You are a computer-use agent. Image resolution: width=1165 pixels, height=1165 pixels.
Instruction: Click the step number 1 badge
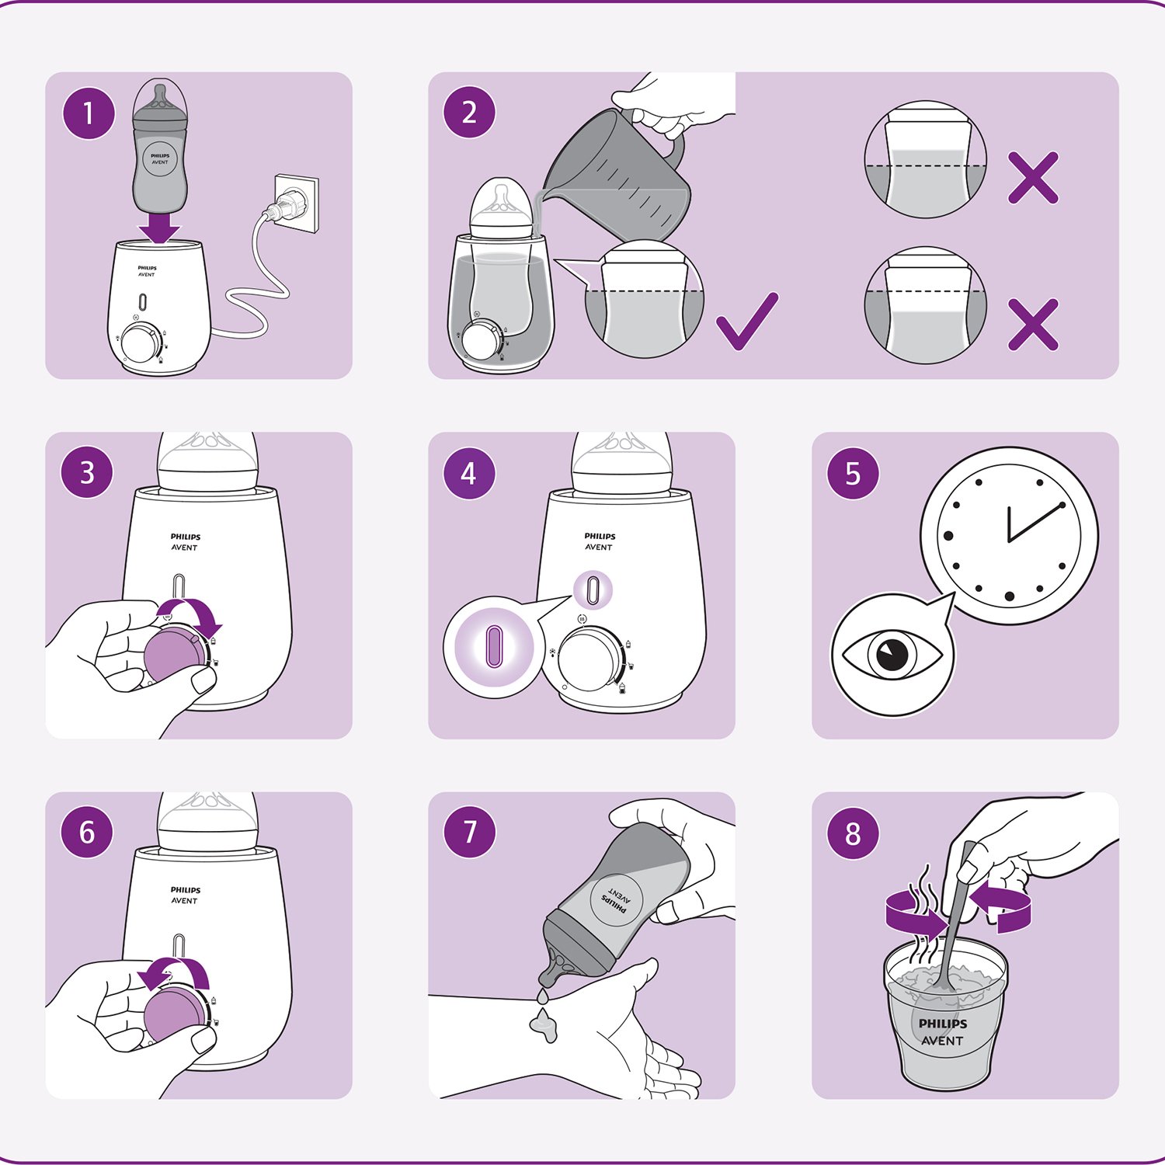(89, 113)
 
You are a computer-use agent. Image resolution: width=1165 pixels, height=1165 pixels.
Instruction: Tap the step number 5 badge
(853, 473)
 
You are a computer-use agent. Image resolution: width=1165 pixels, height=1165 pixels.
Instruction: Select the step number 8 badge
(853, 833)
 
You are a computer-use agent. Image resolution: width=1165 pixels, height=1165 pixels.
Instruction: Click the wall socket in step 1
(296, 203)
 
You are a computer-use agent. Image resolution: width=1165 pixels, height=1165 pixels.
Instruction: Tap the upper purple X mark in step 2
(1033, 178)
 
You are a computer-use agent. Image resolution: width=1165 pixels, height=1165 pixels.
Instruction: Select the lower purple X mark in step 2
(1033, 324)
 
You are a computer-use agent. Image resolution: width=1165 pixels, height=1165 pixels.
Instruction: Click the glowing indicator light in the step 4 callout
(494, 646)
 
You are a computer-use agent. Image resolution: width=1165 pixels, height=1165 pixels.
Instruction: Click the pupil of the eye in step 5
(892, 654)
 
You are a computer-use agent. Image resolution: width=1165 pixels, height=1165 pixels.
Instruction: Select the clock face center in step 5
(1009, 541)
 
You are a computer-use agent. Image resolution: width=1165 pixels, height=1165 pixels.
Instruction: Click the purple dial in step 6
(174, 1014)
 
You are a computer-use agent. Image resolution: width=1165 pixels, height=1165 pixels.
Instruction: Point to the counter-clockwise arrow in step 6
(174, 969)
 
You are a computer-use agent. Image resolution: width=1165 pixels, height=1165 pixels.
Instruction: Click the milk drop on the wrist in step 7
(544, 1025)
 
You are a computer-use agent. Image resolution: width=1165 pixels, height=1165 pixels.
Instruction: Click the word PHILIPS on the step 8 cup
(943, 1023)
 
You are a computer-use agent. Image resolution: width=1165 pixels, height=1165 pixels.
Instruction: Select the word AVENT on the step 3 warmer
(185, 548)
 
